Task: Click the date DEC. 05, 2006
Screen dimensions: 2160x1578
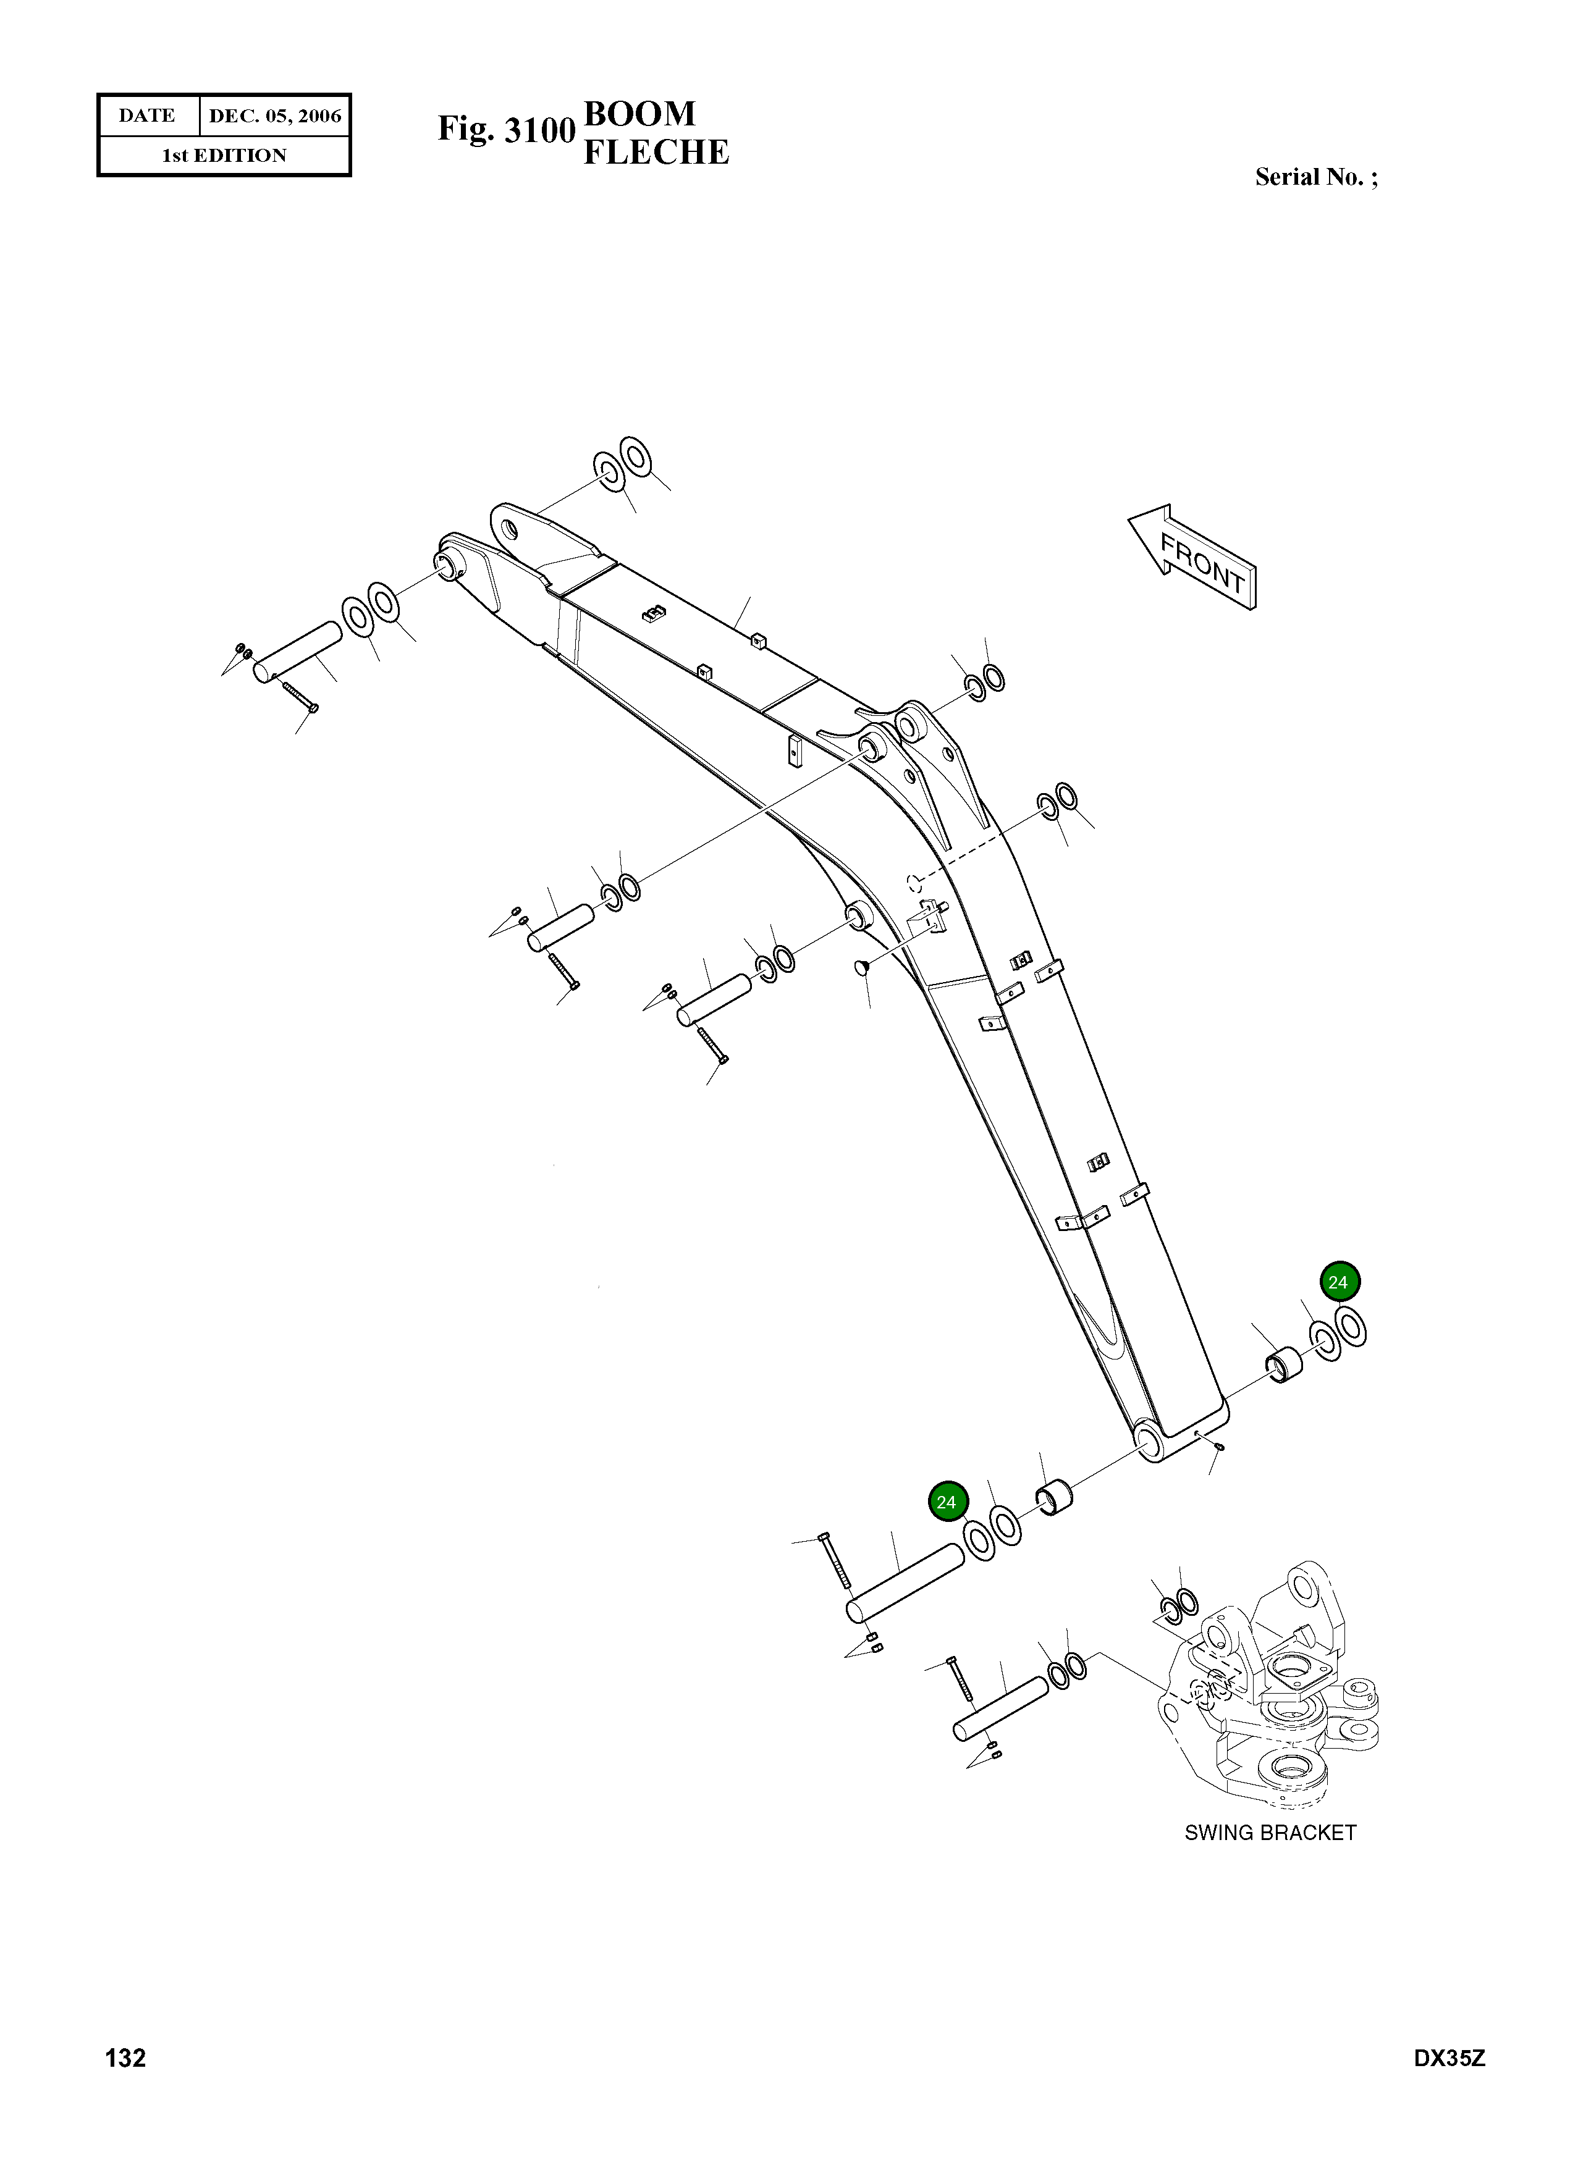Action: pos(274,116)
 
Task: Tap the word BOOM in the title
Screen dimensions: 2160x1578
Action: pos(639,114)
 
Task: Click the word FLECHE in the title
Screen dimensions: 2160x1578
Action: pos(656,152)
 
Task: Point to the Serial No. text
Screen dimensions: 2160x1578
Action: pos(1315,177)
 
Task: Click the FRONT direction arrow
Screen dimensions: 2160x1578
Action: pos(1194,558)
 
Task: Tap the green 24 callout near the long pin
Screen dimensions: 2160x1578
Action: pos(946,1502)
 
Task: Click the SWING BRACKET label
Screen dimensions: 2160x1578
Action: pos(1270,1833)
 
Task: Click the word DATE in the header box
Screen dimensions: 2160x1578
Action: pos(147,116)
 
